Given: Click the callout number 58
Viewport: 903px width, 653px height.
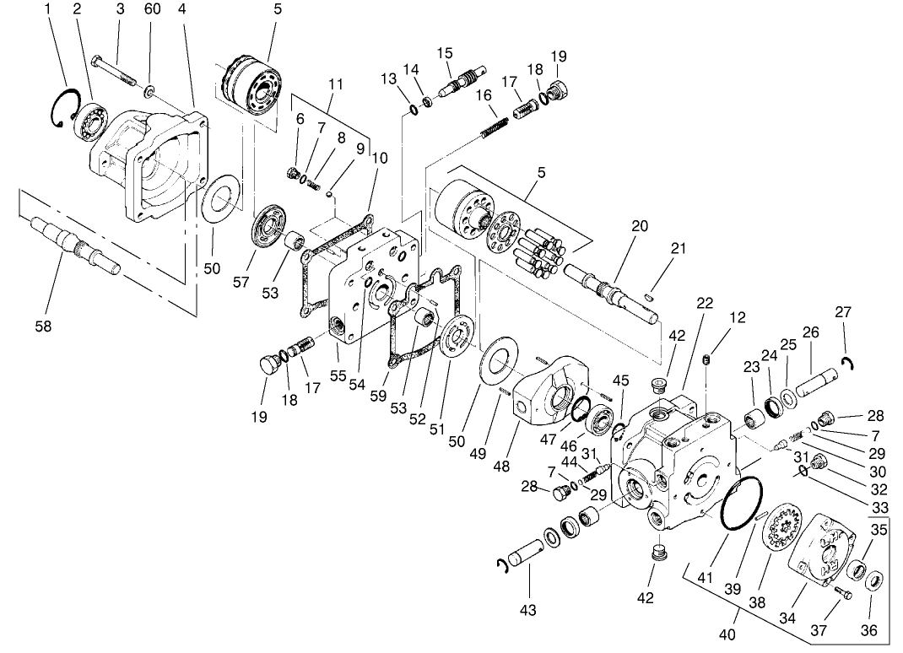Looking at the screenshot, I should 42,326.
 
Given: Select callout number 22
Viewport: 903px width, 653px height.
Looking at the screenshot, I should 705,303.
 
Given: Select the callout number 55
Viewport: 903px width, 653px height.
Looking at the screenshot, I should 338,375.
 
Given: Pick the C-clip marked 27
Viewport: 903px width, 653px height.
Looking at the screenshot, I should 848,363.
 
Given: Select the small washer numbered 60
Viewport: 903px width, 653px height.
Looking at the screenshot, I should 149,89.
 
